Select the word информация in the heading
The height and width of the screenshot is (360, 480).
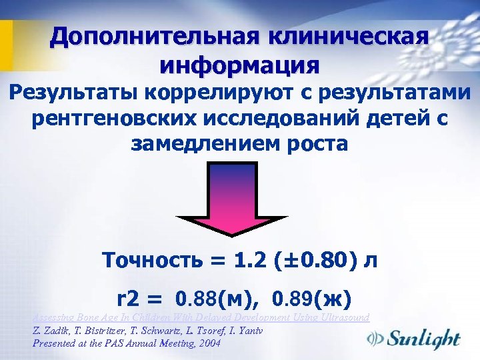click(239, 65)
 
